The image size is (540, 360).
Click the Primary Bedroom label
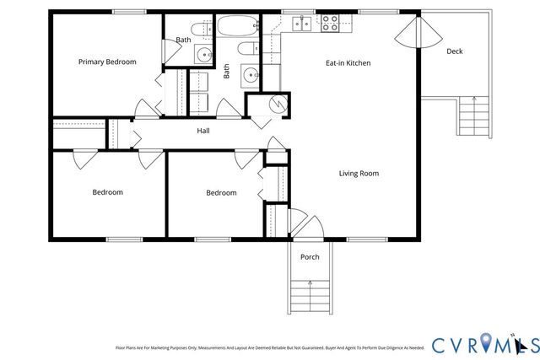(107, 62)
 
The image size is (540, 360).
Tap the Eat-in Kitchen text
(348, 63)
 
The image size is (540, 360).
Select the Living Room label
(359, 174)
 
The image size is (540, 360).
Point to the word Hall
(203, 131)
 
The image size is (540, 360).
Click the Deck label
(454, 51)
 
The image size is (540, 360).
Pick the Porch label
(310, 257)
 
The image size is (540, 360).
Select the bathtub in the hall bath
(240, 24)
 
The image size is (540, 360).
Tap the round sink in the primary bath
(203, 56)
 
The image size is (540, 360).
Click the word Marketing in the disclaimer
(173, 347)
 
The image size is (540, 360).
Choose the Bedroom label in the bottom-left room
(107, 192)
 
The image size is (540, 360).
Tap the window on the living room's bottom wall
(360, 239)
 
